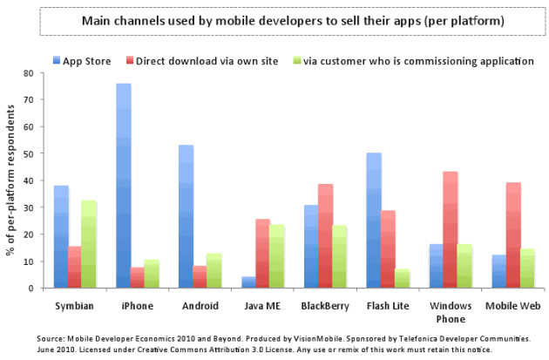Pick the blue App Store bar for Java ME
pyautogui.click(x=248, y=282)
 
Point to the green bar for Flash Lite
pyautogui.click(x=403, y=278)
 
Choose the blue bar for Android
pyautogui.click(x=186, y=216)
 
